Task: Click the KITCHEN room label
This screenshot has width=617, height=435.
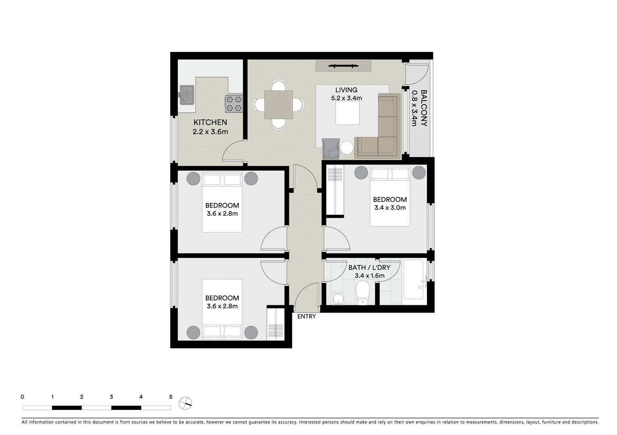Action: pyautogui.click(x=210, y=122)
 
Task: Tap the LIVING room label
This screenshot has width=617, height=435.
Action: pyautogui.click(x=346, y=90)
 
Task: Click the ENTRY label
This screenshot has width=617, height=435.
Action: pyautogui.click(x=306, y=317)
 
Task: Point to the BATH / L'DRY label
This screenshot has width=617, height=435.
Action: pyautogui.click(x=369, y=267)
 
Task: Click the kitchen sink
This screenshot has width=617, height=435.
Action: pyautogui.click(x=186, y=95)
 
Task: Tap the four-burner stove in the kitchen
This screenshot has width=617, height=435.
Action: pyautogui.click(x=234, y=103)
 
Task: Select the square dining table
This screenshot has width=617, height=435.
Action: pyautogui.click(x=278, y=105)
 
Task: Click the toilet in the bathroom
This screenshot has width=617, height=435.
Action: pyautogui.click(x=363, y=293)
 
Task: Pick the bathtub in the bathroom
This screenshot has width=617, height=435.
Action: pyautogui.click(x=414, y=280)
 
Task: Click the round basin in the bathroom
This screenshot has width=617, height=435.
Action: pyautogui.click(x=337, y=299)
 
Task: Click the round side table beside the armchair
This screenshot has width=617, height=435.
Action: pyautogui.click(x=347, y=148)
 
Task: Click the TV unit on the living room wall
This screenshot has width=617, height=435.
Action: pyautogui.click(x=343, y=66)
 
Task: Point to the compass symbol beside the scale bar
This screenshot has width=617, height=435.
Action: pyautogui.click(x=185, y=403)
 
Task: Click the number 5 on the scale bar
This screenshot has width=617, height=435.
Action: pyautogui.click(x=171, y=397)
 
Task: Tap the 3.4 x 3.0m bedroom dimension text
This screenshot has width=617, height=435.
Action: pyautogui.click(x=389, y=208)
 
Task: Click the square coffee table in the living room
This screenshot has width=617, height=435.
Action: pyautogui.click(x=347, y=113)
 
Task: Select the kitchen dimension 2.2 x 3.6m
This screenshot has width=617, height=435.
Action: pyautogui.click(x=210, y=132)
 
